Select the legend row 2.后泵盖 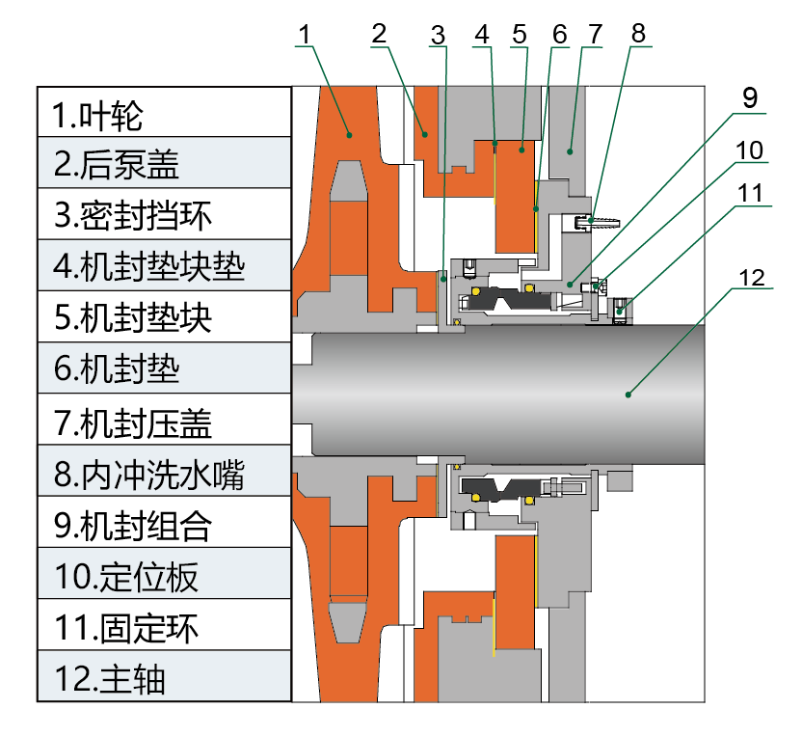[164, 163]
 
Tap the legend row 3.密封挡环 [164, 214]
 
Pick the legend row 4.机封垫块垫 [164, 265]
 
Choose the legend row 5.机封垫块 [164, 316]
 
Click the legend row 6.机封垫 [164, 368]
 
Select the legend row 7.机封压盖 [164, 420]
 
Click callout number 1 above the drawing [305, 35]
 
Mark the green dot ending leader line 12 [628, 394]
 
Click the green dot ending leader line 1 [350, 135]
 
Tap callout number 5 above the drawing [520, 34]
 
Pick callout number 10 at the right [750, 150]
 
